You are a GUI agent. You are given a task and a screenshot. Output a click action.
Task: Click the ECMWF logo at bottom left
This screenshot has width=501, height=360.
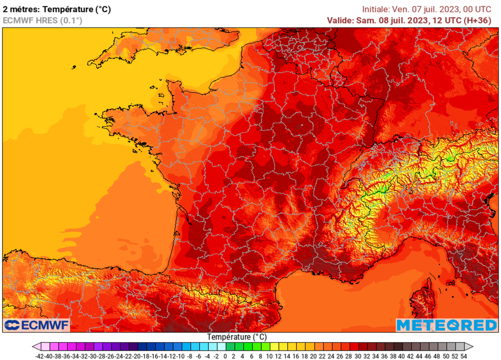(x=37, y=325)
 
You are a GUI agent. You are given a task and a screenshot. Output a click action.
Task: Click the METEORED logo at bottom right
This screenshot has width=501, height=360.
(x=446, y=325)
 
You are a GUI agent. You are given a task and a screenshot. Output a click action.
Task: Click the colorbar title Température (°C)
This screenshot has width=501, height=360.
(x=237, y=337)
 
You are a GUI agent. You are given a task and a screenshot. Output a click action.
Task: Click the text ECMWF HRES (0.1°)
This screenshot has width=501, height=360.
(x=42, y=20)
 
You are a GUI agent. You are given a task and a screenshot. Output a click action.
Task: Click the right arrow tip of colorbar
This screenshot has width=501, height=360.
(x=471, y=347)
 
